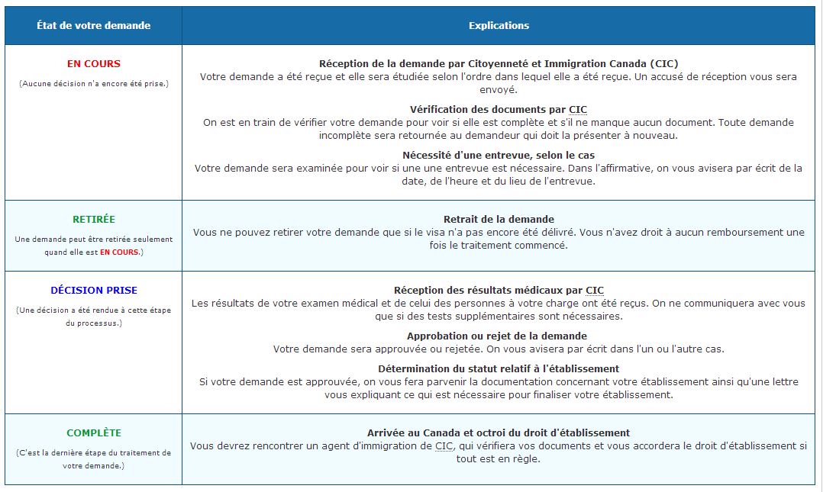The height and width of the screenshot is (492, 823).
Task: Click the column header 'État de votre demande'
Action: tap(93, 25)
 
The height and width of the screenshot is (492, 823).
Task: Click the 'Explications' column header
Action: tap(499, 25)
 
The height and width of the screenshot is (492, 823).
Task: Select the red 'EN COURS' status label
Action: tap(93, 64)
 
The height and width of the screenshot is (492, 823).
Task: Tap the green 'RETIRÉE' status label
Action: tap(93, 219)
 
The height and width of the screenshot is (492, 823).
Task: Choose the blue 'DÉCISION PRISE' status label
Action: tap(93, 291)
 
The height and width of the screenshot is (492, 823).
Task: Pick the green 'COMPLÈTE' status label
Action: tap(93, 433)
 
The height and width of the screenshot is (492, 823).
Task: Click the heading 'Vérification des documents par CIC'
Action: tap(499, 110)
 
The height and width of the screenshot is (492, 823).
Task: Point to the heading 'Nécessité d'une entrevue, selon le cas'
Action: tap(499, 156)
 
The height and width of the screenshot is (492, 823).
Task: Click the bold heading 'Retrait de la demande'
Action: tap(499, 220)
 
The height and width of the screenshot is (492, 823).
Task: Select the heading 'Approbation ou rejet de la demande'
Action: tap(497, 336)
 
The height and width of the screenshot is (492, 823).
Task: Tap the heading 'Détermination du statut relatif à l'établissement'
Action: tap(499, 368)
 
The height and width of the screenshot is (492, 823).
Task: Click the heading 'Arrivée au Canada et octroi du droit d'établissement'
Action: tap(499, 433)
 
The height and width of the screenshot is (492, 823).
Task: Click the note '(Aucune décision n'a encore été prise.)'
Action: tap(93, 83)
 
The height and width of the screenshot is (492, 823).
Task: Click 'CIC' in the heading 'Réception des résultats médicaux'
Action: tap(595, 291)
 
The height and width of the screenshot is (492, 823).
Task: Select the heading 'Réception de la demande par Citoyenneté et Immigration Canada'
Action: tap(499, 64)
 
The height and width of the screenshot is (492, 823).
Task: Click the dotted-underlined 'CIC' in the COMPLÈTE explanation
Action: tap(444, 445)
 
